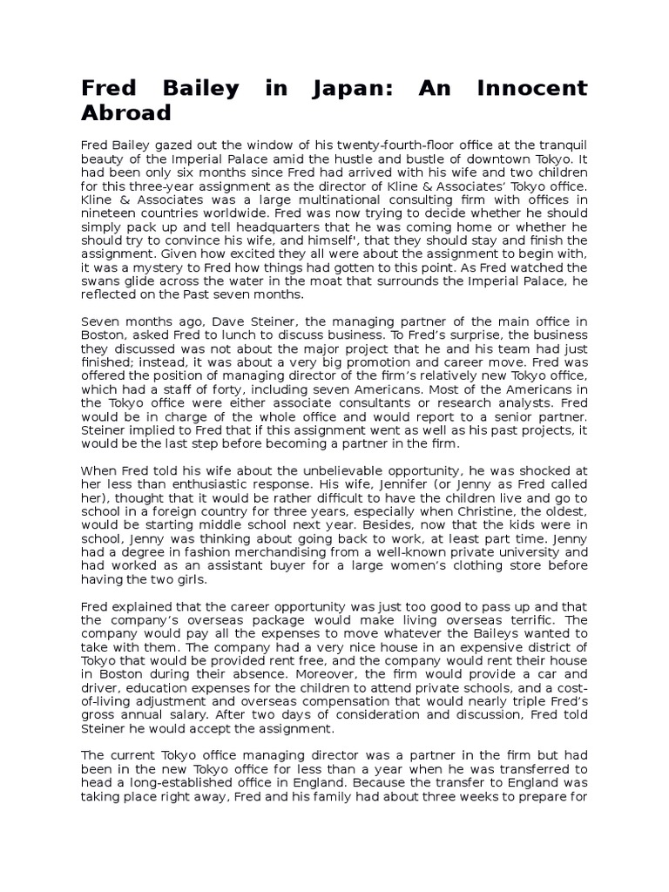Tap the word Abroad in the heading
click(x=126, y=114)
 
